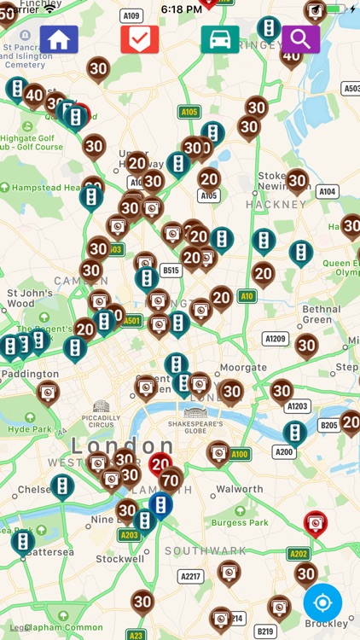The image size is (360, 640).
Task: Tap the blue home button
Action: [x=59, y=39]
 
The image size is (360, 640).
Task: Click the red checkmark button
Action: [x=139, y=39]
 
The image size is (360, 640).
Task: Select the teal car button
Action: [x=220, y=39]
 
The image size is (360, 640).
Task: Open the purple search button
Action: [x=300, y=39]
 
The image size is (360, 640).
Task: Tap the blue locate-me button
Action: [x=322, y=602]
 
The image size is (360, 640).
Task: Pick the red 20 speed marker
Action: [x=160, y=463]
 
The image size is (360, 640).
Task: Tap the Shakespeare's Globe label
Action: [x=195, y=427]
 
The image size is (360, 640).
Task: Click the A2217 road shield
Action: [x=191, y=577]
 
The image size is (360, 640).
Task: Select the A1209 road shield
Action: [x=275, y=339]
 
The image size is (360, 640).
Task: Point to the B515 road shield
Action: [x=171, y=271]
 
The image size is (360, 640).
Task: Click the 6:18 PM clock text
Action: [x=181, y=9]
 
